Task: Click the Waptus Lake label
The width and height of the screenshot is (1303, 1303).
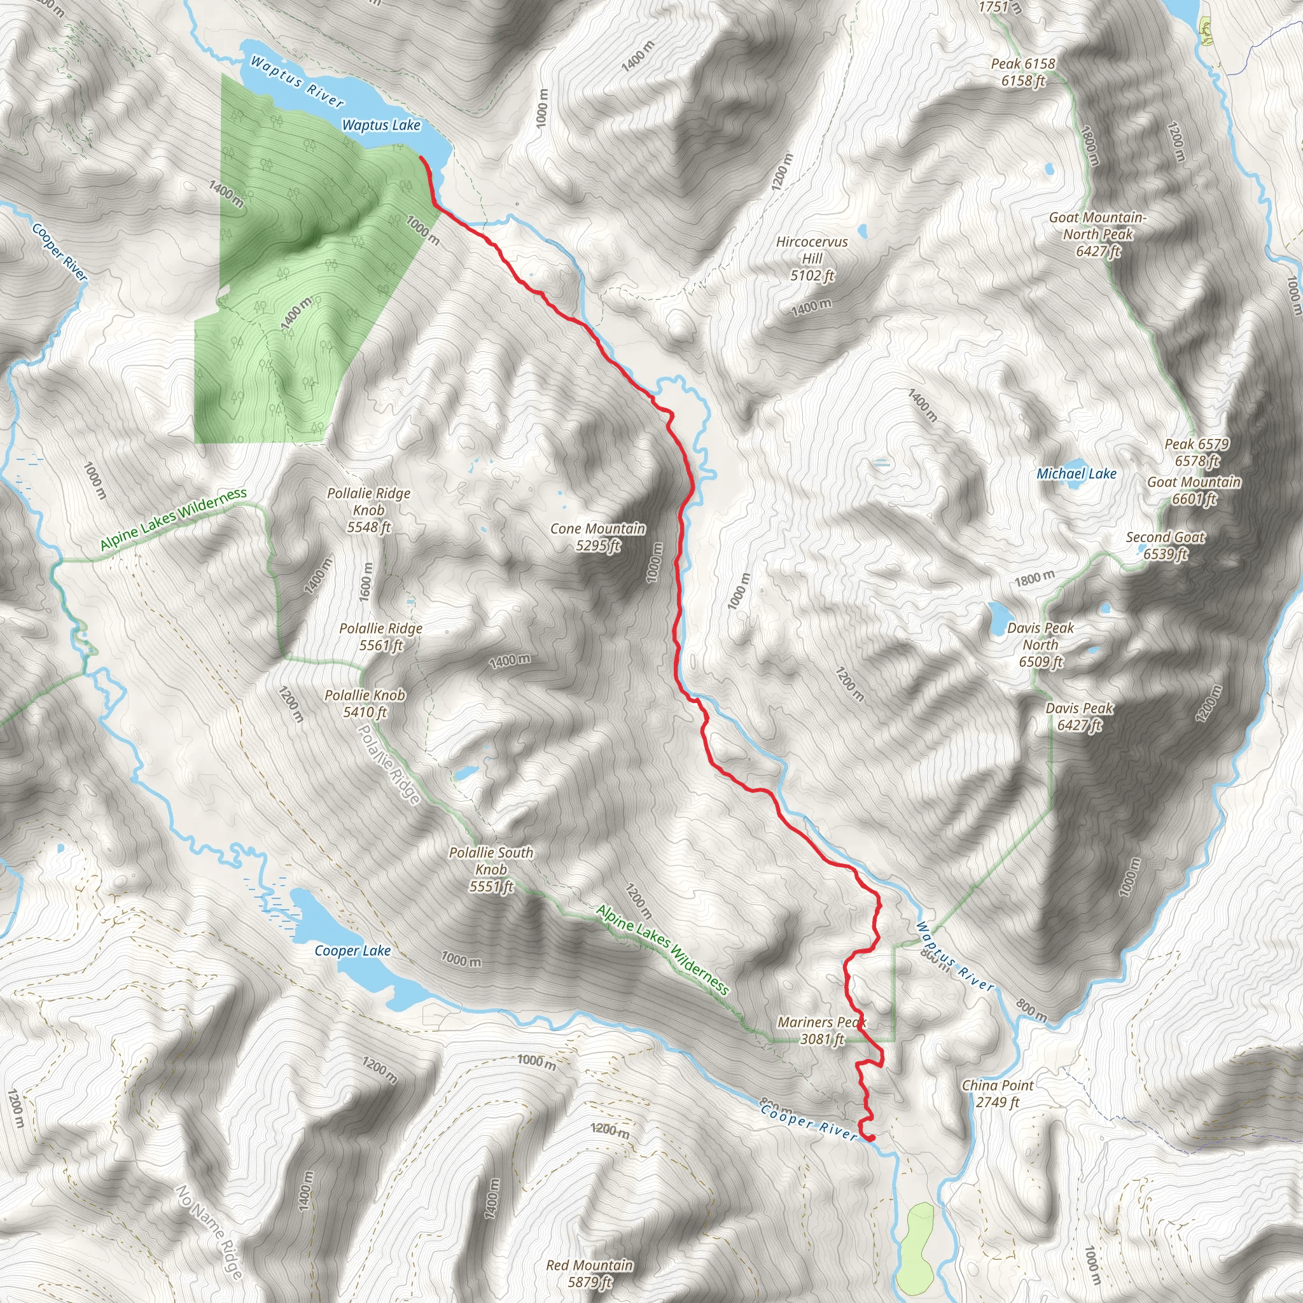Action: tap(381, 125)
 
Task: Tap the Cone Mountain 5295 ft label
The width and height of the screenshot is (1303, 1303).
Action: tap(597, 537)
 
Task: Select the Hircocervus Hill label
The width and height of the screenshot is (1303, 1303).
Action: tap(812, 258)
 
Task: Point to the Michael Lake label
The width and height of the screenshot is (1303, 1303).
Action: tap(1076, 473)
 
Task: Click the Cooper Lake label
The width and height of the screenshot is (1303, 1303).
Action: tap(352, 951)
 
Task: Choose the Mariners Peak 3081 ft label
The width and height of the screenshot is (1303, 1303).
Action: tap(821, 1031)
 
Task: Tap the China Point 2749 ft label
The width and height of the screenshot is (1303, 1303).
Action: tap(998, 1093)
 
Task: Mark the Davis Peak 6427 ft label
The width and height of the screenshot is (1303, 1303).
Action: tap(1079, 716)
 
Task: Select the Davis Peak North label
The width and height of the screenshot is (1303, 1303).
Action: tap(1041, 645)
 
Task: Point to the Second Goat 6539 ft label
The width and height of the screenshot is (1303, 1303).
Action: tap(1166, 546)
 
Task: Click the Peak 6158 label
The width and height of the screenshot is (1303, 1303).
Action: tap(1023, 72)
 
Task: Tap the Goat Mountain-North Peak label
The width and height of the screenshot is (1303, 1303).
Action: tap(1097, 234)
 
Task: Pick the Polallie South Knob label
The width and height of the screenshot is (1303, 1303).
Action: tap(491, 869)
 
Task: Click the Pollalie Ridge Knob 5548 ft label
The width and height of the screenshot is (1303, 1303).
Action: tap(369, 510)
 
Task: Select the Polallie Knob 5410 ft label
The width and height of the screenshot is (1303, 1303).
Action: tap(365, 704)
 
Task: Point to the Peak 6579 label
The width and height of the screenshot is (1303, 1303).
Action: tap(1197, 452)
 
